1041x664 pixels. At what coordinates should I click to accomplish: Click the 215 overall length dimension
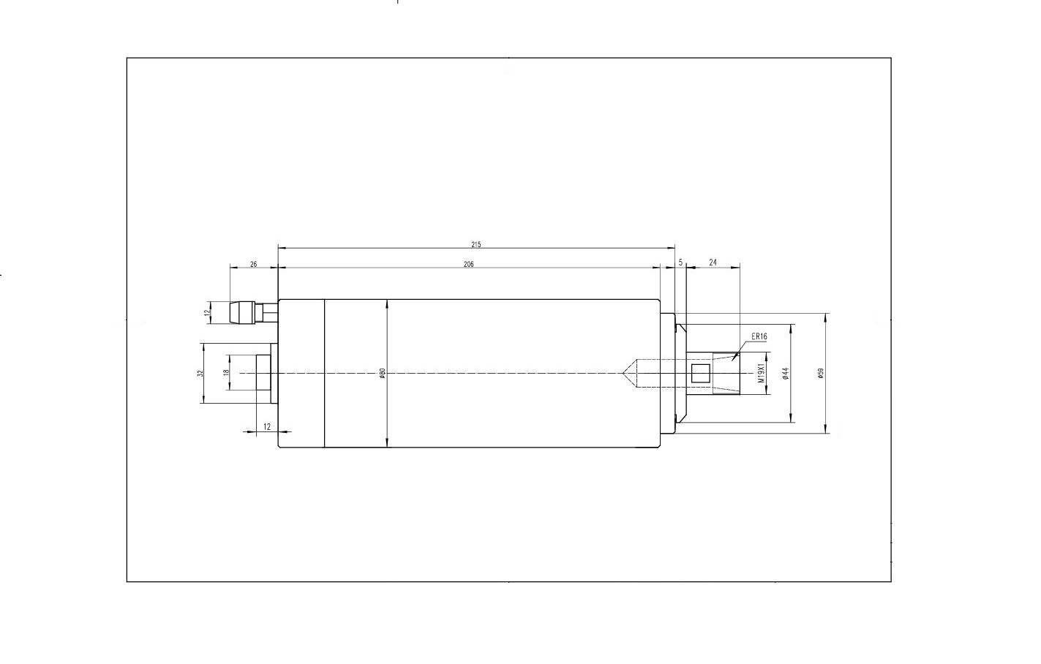click(476, 244)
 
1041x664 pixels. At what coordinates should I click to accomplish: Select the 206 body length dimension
click(468, 265)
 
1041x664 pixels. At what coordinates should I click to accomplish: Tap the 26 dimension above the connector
click(254, 265)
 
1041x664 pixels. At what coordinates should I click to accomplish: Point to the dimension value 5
click(681, 263)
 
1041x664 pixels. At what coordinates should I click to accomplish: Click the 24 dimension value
click(713, 263)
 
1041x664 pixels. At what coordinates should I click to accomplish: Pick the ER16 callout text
click(759, 336)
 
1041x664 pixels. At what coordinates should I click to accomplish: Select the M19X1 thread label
click(762, 373)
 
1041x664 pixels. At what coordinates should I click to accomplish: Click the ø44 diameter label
click(786, 373)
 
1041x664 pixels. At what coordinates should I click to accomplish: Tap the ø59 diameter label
click(820, 373)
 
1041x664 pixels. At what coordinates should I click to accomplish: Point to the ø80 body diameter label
click(383, 373)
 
